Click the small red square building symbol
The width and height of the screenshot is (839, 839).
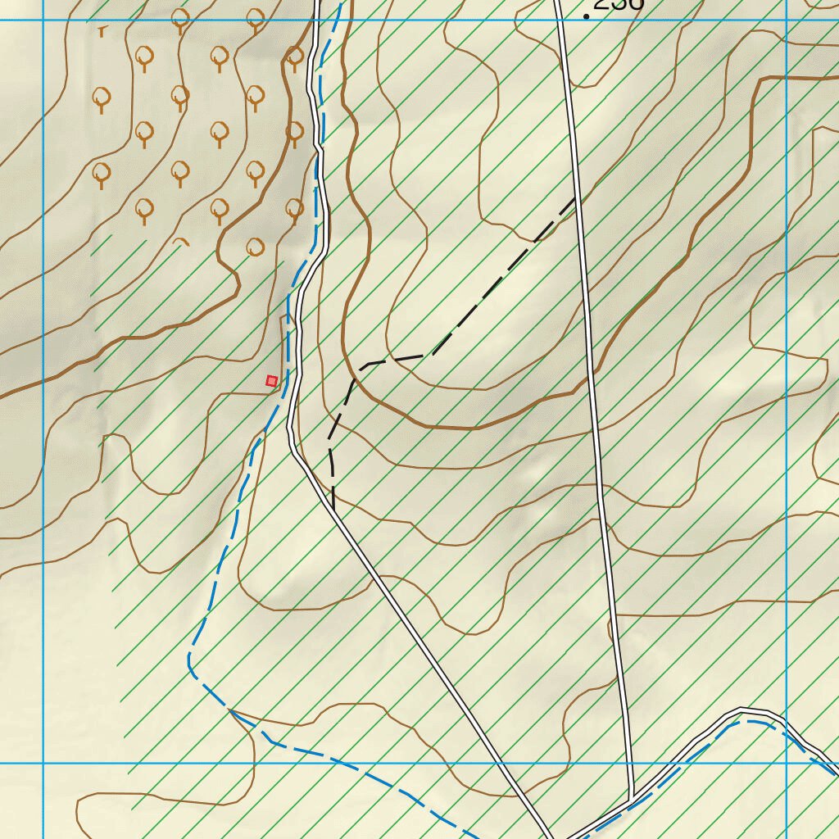(x=271, y=380)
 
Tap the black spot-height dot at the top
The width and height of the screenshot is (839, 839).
(x=587, y=16)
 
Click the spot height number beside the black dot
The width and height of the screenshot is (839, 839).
(x=619, y=4)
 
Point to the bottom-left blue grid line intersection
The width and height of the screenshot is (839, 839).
(x=43, y=764)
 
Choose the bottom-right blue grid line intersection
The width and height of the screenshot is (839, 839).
(x=786, y=764)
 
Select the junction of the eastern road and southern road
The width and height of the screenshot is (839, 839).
(x=632, y=796)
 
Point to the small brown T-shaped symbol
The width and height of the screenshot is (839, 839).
(x=102, y=31)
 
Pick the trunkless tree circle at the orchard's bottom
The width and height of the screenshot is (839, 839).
(x=255, y=245)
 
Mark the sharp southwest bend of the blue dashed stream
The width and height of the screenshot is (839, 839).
(x=191, y=660)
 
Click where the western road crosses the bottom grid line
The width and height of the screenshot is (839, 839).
(x=501, y=764)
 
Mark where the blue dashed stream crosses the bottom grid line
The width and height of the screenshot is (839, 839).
(x=342, y=764)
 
